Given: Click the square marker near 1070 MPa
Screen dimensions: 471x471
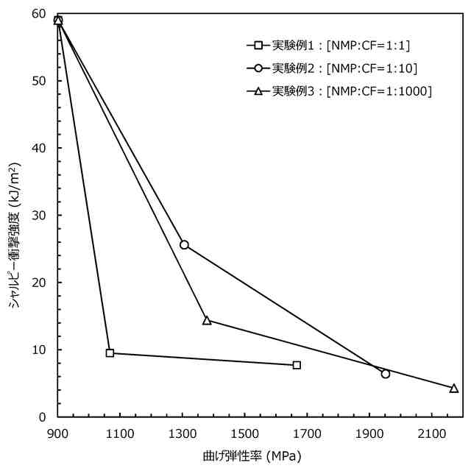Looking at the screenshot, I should [x=110, y=353].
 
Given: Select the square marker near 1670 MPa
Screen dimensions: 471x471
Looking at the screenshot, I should [x=297, y=365].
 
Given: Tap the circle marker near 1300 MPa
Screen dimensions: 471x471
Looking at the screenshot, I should [x=184, y=244].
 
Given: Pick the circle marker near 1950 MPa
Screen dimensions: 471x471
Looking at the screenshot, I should [x=385, y=374].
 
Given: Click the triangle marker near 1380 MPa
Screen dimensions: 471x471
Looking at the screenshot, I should [x=207, y=320].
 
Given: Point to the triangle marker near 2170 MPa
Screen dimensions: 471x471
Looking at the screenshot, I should [x=453, y=388].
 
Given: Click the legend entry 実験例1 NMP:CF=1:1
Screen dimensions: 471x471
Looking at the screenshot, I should [x=331, y=46].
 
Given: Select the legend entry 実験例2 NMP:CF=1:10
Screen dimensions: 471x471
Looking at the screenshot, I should [x=335, y=68].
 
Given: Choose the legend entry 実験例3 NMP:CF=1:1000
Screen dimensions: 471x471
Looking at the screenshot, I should [x=342, y=91].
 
